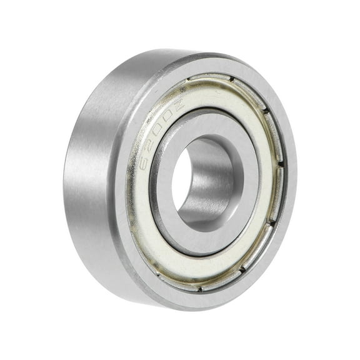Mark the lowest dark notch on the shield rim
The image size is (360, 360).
click(x=199, y=289)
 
